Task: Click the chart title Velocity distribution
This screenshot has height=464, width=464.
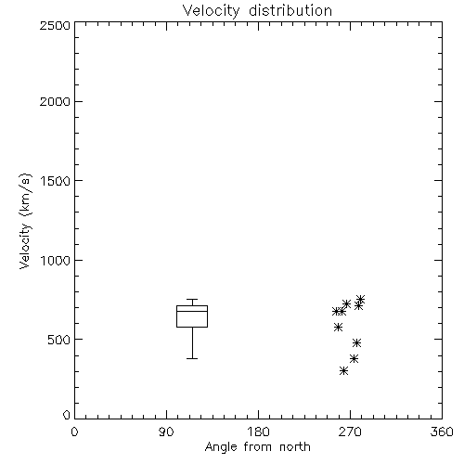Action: (257, 11)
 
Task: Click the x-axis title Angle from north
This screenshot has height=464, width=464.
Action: (257, 447)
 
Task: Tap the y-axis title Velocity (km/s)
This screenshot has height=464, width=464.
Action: (25, 221)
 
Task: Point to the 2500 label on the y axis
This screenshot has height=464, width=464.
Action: (55, 25)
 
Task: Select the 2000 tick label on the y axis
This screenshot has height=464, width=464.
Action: (55, 101)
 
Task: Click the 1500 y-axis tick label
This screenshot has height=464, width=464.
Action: (56, 181)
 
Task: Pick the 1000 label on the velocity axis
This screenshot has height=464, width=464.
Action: (56, 260)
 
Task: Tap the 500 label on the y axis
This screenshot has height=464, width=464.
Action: (59, 340)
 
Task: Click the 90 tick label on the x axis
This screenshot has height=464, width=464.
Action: (166, 432)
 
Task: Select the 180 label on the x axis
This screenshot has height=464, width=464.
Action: (258, 432)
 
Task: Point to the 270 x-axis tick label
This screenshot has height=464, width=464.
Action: (350, 432)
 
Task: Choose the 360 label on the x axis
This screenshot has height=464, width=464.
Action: (442, 432)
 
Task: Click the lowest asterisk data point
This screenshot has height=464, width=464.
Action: (343, 370)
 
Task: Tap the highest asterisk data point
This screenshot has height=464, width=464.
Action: (360, 299)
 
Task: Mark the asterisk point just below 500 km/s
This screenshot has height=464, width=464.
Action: (356, 342)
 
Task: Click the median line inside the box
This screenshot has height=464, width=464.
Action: (192, 311)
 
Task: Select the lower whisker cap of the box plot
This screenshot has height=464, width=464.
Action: (192, 358)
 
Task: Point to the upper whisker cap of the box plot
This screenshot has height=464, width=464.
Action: (192, 299)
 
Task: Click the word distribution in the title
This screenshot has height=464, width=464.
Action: (290, 11)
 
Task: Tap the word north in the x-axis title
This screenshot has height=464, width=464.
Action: (295, 447)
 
